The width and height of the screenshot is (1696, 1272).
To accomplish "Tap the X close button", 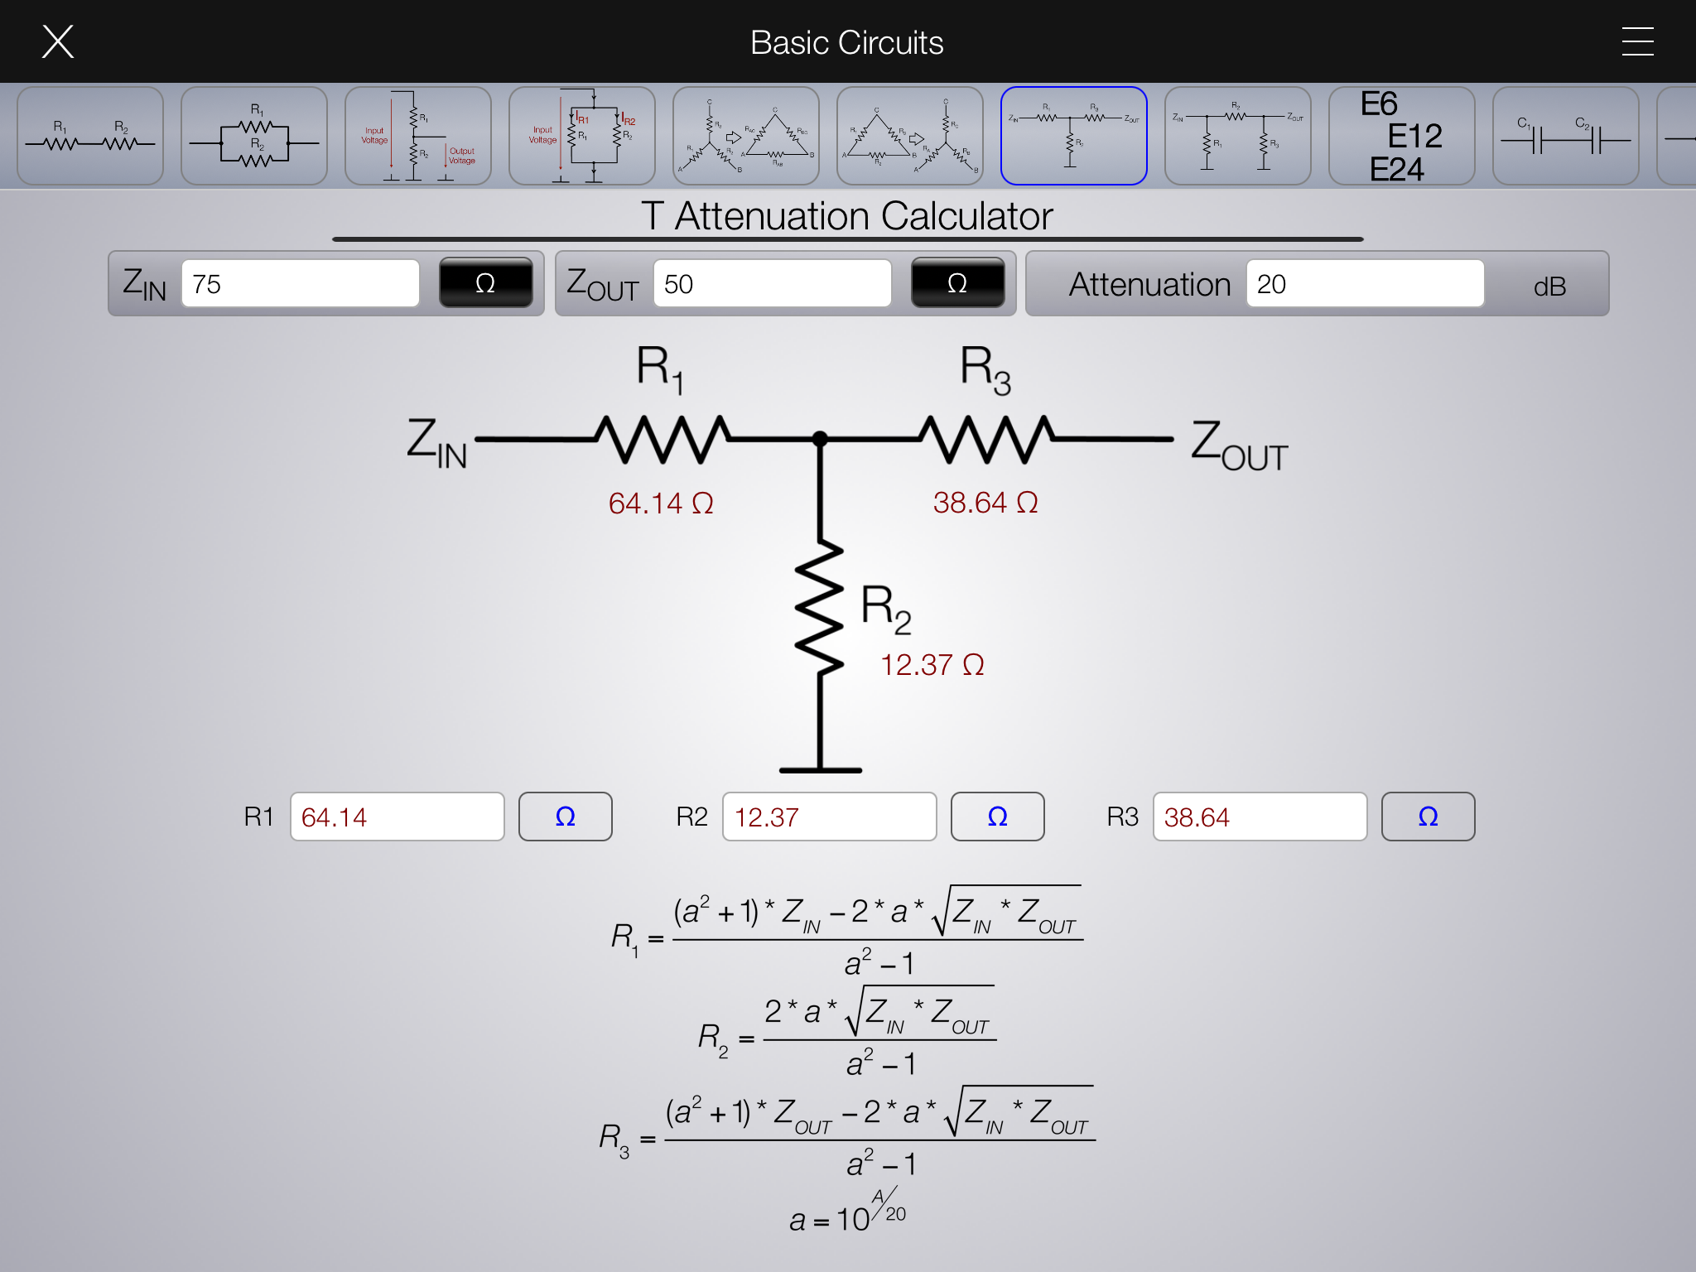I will coord(58,41).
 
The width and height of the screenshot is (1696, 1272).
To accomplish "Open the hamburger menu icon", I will coord(1637,41).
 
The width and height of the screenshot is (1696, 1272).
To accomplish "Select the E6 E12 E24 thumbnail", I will coord(1401,136).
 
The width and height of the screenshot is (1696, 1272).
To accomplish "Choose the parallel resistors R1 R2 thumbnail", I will coord(254,136).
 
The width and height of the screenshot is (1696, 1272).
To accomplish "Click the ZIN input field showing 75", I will coord(300,284).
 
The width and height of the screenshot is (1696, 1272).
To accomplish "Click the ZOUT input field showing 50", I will coord(772,284).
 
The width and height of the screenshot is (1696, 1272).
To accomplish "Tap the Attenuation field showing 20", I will coord(1364,284).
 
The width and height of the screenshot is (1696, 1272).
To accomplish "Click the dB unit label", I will coord(1549,287).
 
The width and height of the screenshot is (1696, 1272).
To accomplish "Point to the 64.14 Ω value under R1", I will coord(661,503).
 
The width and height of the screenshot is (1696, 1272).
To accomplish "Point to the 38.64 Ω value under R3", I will coord(985,503).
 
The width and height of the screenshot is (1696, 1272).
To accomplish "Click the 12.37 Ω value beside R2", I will coord(932,665).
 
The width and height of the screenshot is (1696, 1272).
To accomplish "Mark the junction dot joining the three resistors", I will coord(820,439).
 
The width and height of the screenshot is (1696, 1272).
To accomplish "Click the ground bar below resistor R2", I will coord(820,770).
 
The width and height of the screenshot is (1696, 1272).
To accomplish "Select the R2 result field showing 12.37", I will coord(829,817).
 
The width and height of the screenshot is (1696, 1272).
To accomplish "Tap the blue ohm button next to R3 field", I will coord(1428,817).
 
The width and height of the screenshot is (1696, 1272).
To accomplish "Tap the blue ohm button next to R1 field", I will coord(565,817).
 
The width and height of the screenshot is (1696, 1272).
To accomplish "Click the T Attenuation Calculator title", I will coord(846,217).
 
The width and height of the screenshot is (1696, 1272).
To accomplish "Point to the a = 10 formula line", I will coord(846,1214).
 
